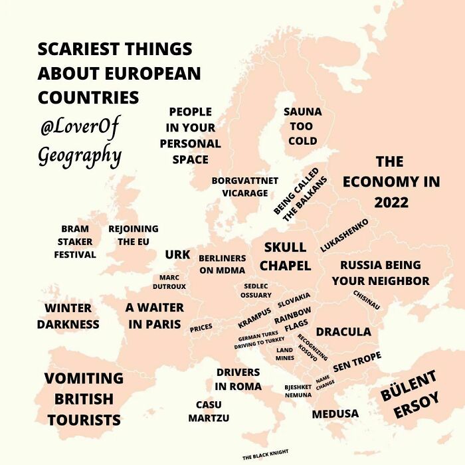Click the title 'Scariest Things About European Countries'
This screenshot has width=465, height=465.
pos(118,73)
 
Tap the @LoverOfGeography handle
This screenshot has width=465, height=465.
pos(80,141)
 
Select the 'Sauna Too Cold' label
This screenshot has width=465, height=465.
pos(302,126)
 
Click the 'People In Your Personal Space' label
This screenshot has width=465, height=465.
pos(190,136)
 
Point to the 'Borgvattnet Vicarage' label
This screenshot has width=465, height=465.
pos(244,187)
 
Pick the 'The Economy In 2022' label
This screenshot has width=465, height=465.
pos(391,181)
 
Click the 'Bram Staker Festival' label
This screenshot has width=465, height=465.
pos(75,242)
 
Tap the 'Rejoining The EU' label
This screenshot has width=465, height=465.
pos(133,236)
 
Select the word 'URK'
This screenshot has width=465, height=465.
pos(177,254)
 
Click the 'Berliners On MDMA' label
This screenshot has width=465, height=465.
pos(223,264)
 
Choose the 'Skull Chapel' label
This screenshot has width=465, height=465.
pos(285,256)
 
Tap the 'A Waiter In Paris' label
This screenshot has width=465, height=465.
pos(154,316)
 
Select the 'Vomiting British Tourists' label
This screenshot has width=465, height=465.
pos(84,399)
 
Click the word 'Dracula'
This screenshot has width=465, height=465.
pos(343,331)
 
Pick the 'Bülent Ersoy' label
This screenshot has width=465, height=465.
pos(410,395)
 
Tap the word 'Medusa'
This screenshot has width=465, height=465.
pos(335,414)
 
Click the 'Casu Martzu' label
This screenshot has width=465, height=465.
pos(209,411)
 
